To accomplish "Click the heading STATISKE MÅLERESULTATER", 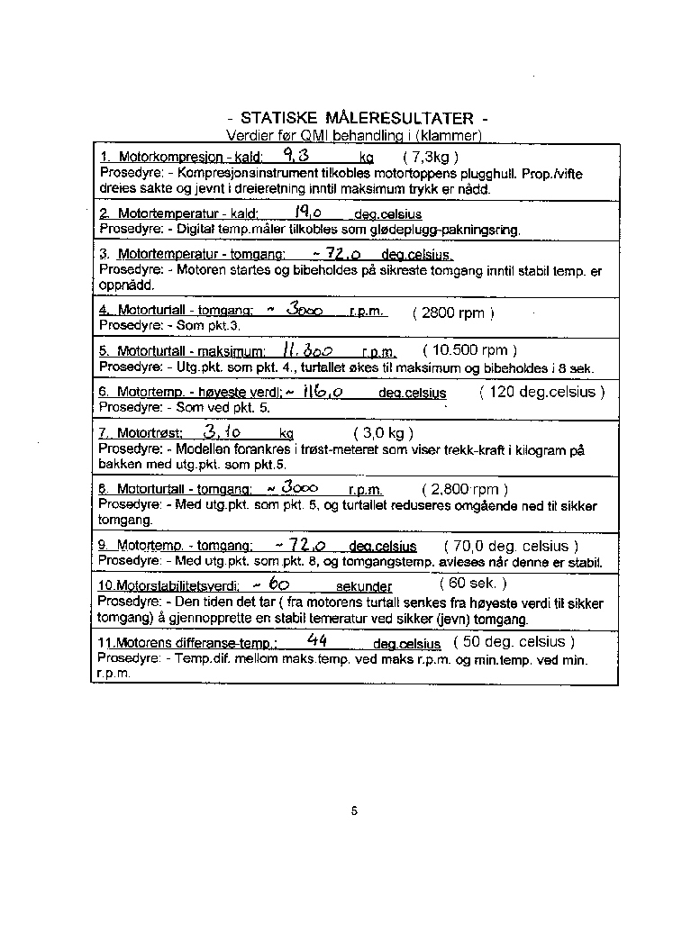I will (x=358, y=119).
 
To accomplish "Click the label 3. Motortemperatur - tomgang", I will (x=192, y=255).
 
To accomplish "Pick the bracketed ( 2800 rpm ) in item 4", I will (x=453, y=313).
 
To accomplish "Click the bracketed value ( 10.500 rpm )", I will (x=469, y=350).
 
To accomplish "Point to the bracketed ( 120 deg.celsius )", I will (x=541, y=392).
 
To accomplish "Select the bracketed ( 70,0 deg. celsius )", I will (x=511, y=546).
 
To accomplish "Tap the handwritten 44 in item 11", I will (x=316, y=641).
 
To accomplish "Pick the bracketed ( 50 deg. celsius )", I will (x=513, y=642).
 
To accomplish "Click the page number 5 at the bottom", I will (x=354, y=811).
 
